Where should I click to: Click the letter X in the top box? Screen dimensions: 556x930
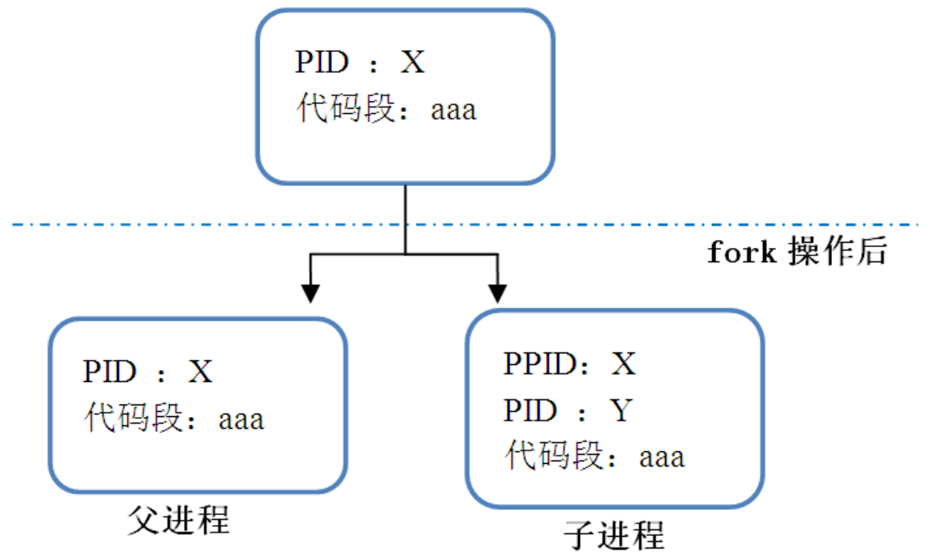412,63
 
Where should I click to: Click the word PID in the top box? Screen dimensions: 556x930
319,63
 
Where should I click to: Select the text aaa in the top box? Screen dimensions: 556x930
453,110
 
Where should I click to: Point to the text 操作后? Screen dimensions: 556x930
837,252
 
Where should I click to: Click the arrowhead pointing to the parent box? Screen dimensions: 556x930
311,292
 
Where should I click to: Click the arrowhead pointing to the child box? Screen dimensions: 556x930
499,292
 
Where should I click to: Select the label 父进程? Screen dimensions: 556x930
178,520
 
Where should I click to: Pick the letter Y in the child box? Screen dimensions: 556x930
621,411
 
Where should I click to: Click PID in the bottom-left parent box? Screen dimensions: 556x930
108,372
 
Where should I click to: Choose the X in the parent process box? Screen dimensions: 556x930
200,372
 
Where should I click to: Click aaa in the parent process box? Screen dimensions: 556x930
241,419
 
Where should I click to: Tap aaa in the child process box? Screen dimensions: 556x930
662,458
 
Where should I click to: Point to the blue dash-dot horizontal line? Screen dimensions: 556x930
168,224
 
